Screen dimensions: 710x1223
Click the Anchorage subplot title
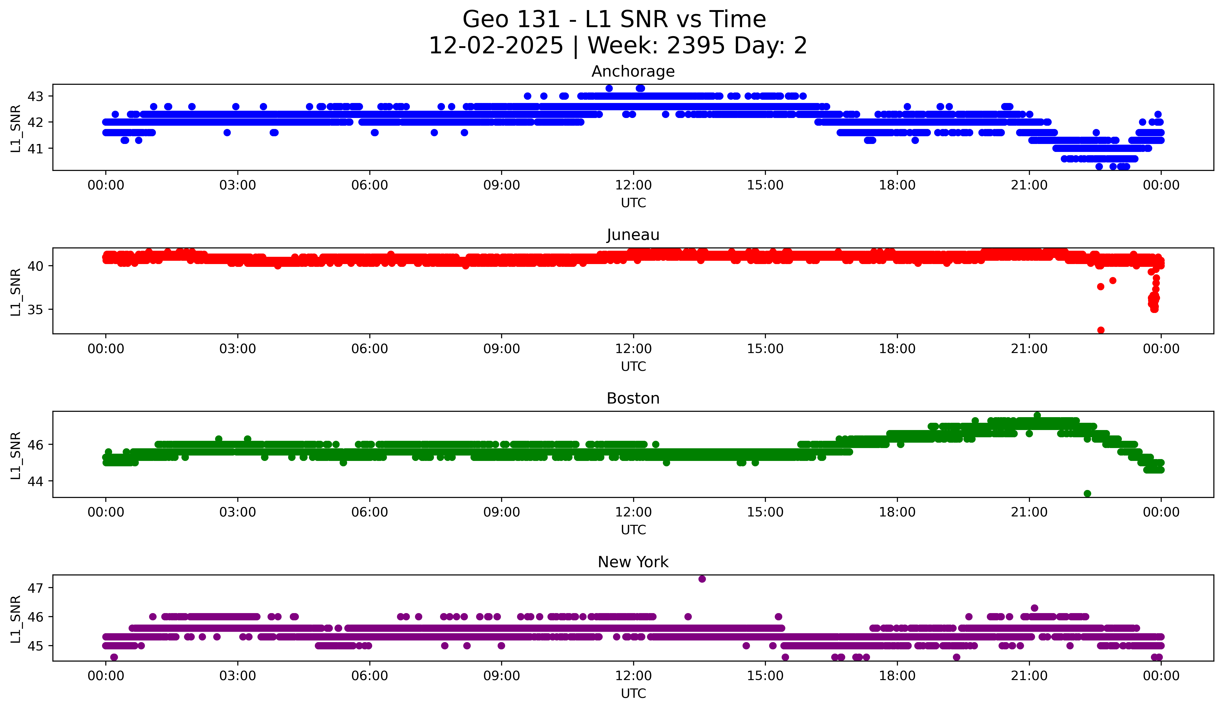pos(633,71)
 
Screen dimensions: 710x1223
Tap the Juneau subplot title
pos(633,235)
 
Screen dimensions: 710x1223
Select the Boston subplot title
pos(633,398)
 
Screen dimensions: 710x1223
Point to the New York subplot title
pos(633,562)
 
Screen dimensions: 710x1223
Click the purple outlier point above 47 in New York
pos(702,579)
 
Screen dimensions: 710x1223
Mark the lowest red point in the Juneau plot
pos(1101,330)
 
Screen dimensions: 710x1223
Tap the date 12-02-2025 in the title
pos(496,46)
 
